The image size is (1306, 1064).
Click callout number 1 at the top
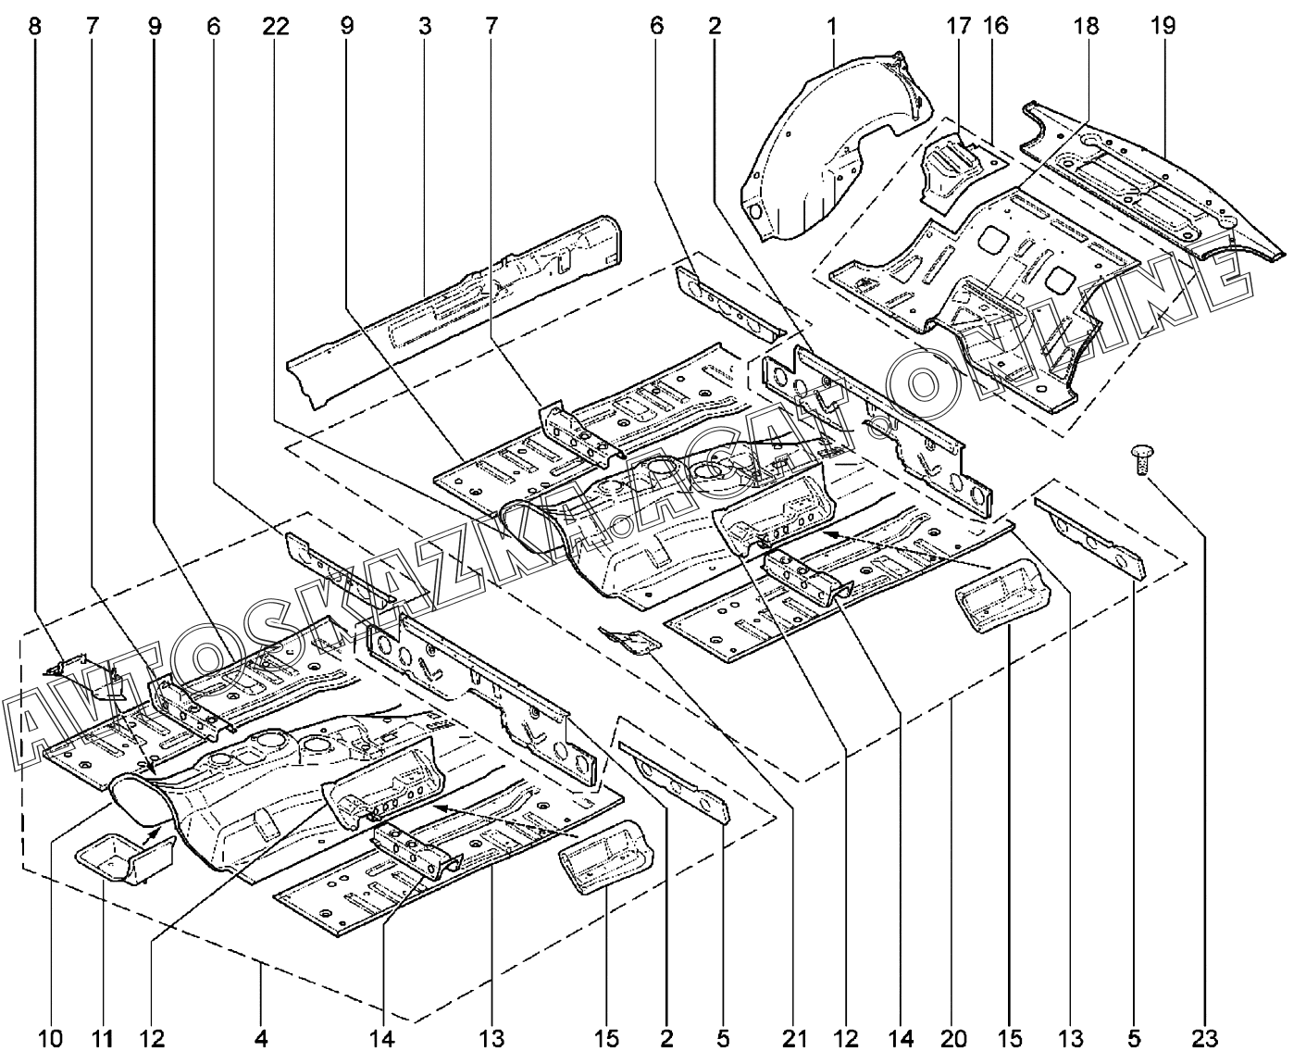[832, 25]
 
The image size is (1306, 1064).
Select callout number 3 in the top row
[425, 25]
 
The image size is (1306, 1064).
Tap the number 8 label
[35, 25]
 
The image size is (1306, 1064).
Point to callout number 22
[276, 25]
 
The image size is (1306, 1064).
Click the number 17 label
[957, 25]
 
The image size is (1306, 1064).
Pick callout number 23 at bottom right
[1206, 1039]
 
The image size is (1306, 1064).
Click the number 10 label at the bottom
[51, 1039]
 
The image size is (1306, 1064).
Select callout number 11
[103, 1039]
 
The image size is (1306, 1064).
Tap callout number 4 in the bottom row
[262, 1039]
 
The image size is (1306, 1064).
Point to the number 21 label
[794, 1039]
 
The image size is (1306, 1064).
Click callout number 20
[953, 1039]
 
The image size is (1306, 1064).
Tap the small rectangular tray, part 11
[116, 857]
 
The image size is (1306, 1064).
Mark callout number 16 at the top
[996, 25]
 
